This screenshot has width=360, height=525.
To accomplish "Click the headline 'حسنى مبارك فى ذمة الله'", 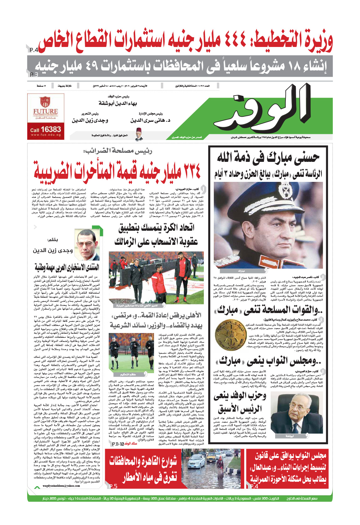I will (268, 157).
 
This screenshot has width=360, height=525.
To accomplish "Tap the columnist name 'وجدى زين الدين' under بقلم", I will (53, 250).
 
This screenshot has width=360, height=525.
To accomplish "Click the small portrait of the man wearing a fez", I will (139, 134).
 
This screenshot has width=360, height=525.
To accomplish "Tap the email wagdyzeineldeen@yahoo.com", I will (61, 486).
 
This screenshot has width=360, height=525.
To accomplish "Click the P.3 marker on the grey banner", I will (34, 75).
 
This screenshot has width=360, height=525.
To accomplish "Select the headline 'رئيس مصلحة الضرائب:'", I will (118, 151).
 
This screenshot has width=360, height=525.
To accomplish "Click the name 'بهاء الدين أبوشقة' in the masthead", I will (118, 103).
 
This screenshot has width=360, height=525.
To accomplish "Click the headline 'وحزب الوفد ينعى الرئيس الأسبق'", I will (240, 402).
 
